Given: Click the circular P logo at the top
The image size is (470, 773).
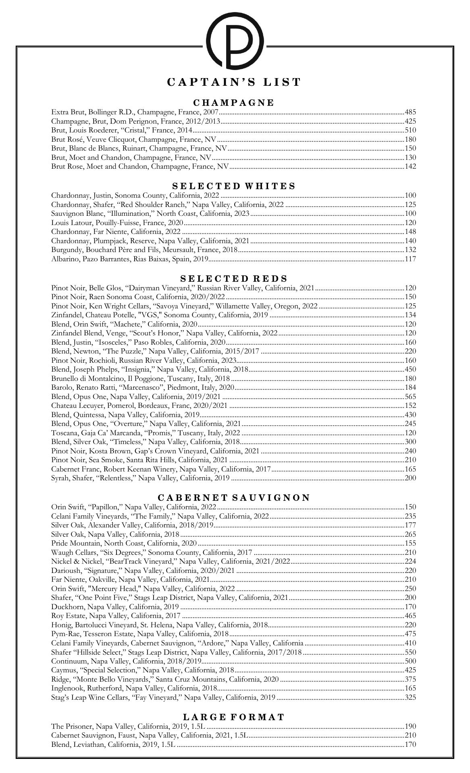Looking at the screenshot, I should pos(235,40).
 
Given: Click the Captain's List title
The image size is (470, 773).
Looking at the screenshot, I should pos(234,82).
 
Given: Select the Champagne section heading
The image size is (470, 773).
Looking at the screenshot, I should pos(234,103).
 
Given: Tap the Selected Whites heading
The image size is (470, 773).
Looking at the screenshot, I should pos(234,186).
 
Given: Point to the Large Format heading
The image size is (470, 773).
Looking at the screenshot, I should pos(234,717).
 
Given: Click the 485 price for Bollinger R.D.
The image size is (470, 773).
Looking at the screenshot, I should pos(410,112).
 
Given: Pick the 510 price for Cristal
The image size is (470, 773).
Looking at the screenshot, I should pos(410,130).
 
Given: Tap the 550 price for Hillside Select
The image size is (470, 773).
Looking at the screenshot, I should pos(410,652).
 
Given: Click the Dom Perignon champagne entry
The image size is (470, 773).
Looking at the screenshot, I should pos(135,121).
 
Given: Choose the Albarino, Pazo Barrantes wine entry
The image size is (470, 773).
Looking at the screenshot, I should pos(129,259).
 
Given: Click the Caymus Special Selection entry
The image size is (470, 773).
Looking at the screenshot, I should pos(143,670).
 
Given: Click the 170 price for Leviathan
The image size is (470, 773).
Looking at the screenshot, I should pos(410,744).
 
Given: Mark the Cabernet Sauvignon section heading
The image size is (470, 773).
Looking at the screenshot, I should pos(234,498).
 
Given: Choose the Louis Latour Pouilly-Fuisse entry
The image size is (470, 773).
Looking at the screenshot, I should pos(117,223).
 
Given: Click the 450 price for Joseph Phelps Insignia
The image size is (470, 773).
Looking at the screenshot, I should pos(410,370).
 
